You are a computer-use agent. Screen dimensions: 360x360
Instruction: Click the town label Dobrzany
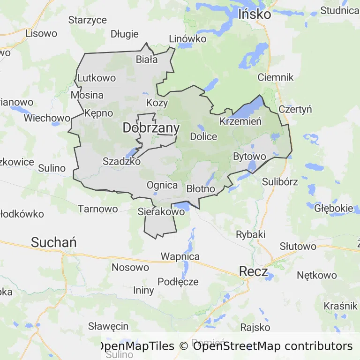[x=151, y=128]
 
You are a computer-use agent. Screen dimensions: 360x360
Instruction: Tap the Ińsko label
[x=255, y=14]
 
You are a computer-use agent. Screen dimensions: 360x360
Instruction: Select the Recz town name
[x=253, y=271]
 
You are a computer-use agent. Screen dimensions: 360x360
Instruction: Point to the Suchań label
[x=54, y=242]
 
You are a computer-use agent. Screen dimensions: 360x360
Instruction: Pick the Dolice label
[x=203, y=137]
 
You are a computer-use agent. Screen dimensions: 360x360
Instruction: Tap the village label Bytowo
[x=249, y=156]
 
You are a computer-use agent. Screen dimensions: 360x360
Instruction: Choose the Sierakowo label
[x=161, y=212]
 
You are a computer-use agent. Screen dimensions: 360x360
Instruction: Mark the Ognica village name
[x=162, y=185]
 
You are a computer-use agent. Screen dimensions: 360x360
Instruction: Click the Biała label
[x=147, y=60]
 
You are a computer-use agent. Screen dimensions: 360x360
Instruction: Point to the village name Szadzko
[x=121, y=161]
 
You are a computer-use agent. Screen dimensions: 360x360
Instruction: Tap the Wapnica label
[x=180, y=257]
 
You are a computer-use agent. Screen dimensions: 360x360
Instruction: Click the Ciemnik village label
[x=276, y=77]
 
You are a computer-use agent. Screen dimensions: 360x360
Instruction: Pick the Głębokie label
[x=334, y=208]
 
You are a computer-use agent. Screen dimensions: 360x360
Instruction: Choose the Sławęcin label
[x=108, y=326]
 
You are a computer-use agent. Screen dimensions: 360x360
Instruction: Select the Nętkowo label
[x=317, y=275]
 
